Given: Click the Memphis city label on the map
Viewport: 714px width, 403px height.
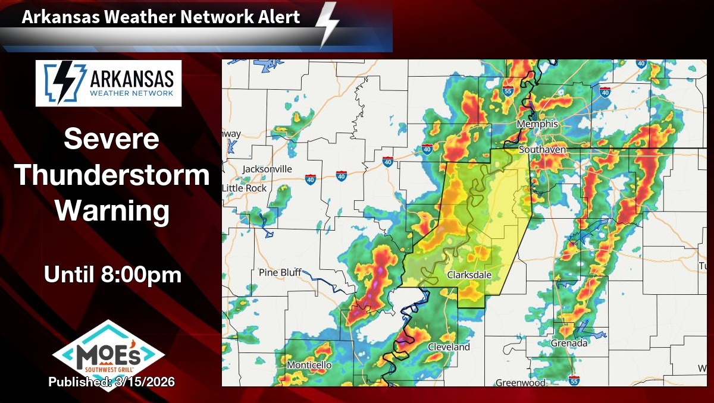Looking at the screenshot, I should point(537,124).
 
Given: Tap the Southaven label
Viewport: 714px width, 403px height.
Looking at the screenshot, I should point(542,150).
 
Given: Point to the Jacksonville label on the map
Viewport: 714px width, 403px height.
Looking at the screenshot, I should point(267,169).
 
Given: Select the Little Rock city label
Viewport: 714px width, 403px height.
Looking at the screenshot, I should point(245,188).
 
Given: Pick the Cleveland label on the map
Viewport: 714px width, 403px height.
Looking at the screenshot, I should point(449,347).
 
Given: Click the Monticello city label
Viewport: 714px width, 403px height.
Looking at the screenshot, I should point(309,364).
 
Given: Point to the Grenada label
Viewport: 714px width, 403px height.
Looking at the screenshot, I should point(569,343).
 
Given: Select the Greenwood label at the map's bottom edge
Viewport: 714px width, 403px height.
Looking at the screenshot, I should point(520,383).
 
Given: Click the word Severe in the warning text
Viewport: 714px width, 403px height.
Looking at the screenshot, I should point(111,139).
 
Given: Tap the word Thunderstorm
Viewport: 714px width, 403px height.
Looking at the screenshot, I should point(111,175).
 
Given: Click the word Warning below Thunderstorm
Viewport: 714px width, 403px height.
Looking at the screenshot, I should point(111,210).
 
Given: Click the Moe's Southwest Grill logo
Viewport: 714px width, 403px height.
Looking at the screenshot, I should point(108,354).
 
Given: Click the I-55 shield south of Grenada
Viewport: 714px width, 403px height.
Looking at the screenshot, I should point(574,379).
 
